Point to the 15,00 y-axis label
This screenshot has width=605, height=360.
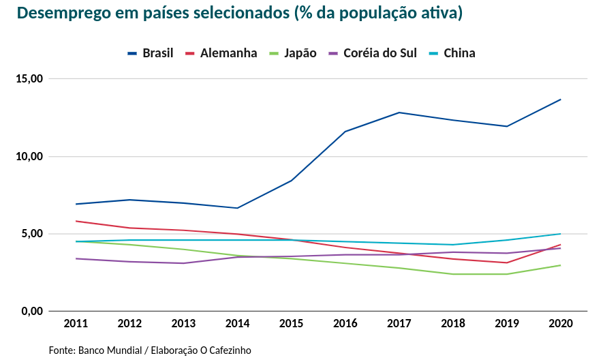(x=29, y=78)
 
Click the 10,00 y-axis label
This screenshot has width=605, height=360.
(x=29, y=156)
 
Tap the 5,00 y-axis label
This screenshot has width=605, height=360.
(x=32, y=234)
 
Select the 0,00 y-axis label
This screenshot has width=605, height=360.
(x=32, y=312)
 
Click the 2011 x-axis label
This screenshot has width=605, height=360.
(x=76, y=322)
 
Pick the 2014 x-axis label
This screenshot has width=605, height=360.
(x=237, y=322)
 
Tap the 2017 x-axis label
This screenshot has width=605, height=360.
(x=399, y=322)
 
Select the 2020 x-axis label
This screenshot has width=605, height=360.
(x=560, y=322)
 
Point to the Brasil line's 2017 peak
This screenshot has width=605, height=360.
(x=399, y=112)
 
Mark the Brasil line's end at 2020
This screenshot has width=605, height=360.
(x=560, y=100)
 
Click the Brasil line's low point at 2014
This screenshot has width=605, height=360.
(x=237, y=208)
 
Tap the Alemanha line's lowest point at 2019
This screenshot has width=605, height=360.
(x=506, y=262)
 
